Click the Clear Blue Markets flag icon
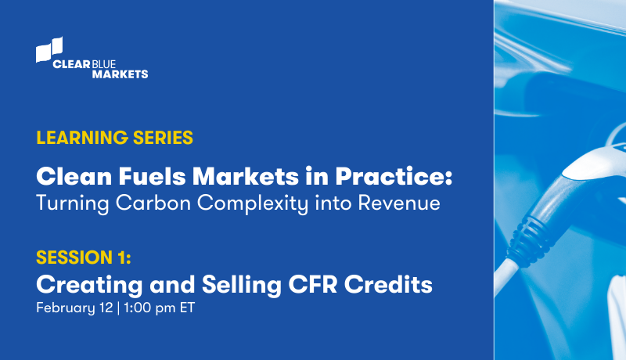[49, 49]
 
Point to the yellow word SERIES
[162, 139]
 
